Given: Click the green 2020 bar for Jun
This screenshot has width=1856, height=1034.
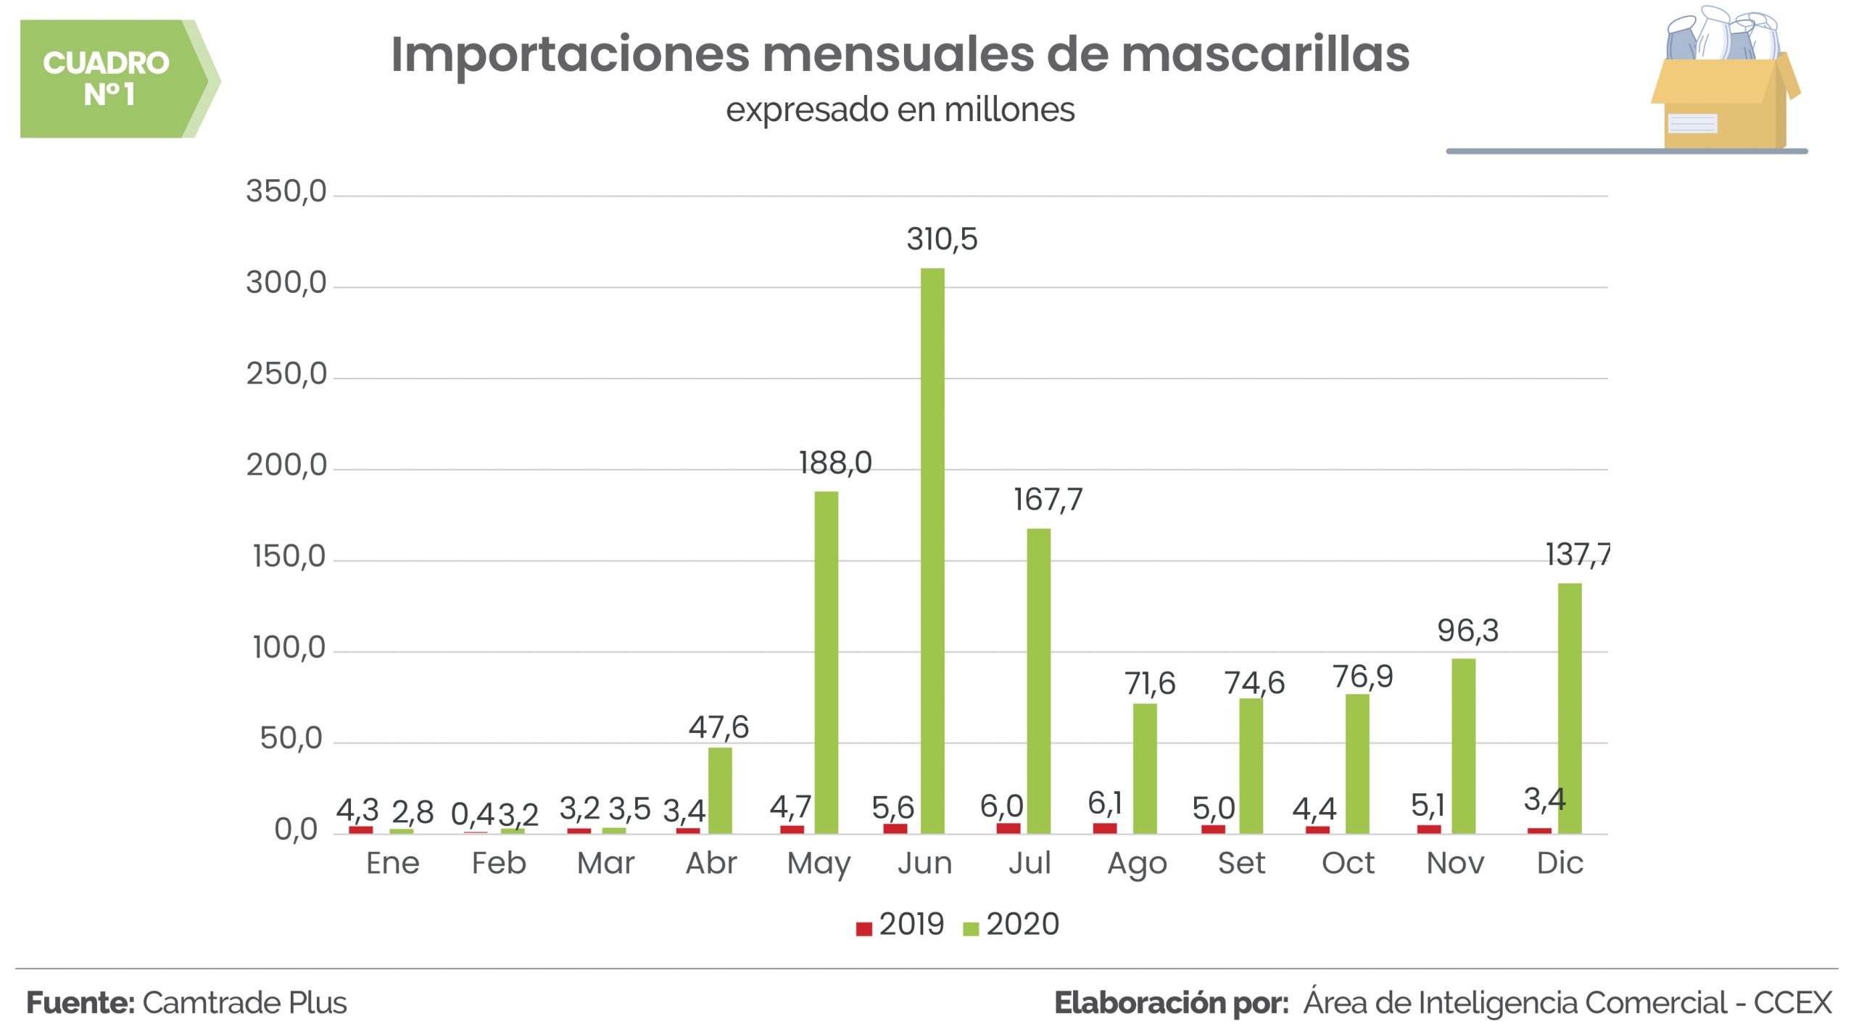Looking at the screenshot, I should [932, 551].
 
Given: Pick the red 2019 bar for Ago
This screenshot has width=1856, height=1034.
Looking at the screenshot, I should [1104, 828].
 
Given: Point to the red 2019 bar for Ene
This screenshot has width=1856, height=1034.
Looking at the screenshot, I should [360, 830].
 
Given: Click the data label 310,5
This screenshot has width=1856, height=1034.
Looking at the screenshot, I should [942, 239].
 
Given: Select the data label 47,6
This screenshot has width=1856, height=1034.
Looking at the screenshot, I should [718, 727].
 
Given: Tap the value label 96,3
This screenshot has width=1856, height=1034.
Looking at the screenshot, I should [1467, 630].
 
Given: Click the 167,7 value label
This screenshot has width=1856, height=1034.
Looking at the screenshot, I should [1048, 499].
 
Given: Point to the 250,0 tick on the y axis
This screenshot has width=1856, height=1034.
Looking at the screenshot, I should [286, 374].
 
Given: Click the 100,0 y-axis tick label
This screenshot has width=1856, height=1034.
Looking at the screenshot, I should [289, 648].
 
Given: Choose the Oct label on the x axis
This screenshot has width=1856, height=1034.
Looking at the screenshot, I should [1348, 863].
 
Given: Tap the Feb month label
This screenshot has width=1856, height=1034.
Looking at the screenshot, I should [499, 863].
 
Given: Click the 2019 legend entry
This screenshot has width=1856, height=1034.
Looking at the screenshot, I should [901, 925].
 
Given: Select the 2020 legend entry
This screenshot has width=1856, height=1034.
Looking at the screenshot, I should [1012, 925].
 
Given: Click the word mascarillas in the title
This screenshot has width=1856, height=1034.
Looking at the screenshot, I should [1264, 54].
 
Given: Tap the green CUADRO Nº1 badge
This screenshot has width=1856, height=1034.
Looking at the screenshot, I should [109, 78].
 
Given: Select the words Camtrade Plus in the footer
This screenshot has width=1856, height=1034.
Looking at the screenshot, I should [244, 1003].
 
